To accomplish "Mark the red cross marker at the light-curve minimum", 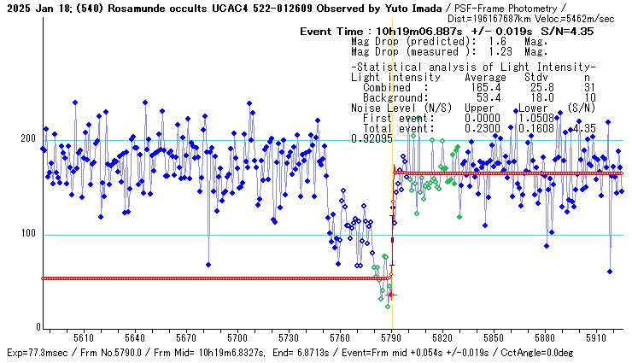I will tap(391, 295).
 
